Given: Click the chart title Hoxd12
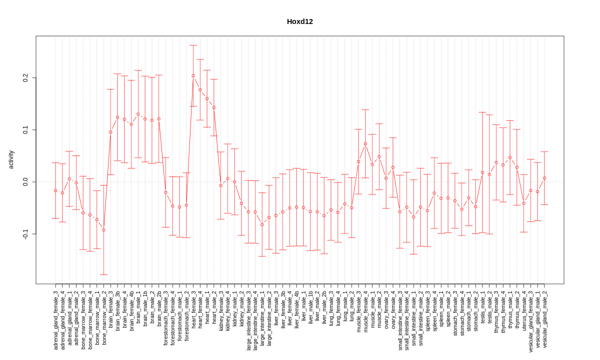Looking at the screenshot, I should coord(299,21).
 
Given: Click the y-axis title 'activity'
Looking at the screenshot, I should coord(11,159).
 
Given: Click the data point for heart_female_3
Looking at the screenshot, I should coord(193,76).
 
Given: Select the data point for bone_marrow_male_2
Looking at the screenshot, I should coord(103,230).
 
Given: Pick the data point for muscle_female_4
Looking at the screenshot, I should coord(365,143).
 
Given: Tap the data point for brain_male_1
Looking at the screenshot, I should coord(138,114).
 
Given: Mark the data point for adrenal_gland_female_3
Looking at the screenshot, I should coord(55,190).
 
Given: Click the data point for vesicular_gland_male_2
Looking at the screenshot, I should coord(544,178).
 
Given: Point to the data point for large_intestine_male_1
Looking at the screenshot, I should coord(262,224).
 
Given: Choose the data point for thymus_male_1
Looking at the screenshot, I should coord(510,157).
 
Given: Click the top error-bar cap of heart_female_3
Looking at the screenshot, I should coord(193,45).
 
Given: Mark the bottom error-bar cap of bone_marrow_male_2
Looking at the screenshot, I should coord(103,274).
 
